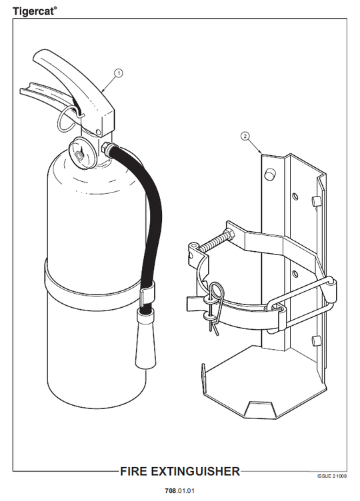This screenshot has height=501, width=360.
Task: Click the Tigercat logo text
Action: tap(35, 11)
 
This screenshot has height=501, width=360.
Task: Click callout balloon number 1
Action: tap(119, 73)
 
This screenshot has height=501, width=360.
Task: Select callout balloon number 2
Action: tap(245, 137)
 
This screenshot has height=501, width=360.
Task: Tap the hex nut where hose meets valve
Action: tap(105, 147)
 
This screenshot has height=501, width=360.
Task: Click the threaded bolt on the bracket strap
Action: tap(216, 241)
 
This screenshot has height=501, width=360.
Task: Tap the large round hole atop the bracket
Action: tap(269, 173)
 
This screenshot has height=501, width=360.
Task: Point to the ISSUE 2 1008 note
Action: tap(332, 476)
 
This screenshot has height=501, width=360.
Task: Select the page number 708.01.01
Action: tap(180, 490)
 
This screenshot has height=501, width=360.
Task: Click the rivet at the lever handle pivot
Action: tap(99, 132)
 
